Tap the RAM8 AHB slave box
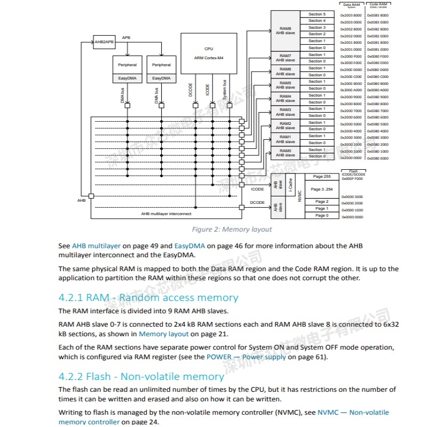(x=286, y=30)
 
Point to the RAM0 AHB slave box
(x=286, y=153)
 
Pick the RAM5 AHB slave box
(x=286, y=85)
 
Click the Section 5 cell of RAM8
(x=317, y=14)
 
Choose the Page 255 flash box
(x=322, y=177)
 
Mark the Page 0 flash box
(x=322, y=216)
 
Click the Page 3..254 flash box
(x=322, y=189)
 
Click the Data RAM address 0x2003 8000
(x=351, y=15)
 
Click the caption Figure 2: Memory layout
(x=232, y=230)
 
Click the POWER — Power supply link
(x=246, y=357)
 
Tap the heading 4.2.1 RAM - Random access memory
(x=148, y=298)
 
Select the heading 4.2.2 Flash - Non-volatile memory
(x=141, y=377)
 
